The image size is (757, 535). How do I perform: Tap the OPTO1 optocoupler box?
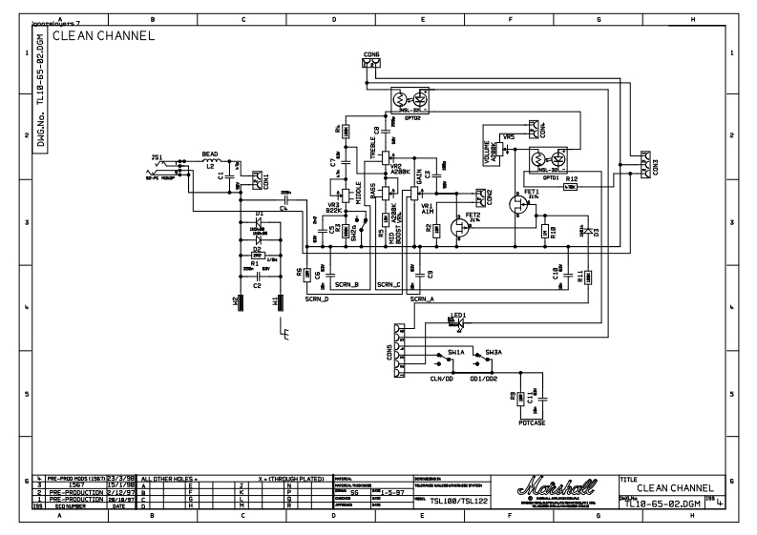coord(550,157)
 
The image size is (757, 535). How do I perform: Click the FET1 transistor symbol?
coord(518,203)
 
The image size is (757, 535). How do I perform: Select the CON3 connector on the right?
coord(645,163)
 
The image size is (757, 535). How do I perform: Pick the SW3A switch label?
coord(493,352)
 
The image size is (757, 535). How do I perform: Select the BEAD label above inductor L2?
coord(210,153)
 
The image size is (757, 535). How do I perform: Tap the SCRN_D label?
coord(316,299)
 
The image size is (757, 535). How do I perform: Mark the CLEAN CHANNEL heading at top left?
coord(103,36)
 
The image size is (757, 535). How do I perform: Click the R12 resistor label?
coord(571,178)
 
